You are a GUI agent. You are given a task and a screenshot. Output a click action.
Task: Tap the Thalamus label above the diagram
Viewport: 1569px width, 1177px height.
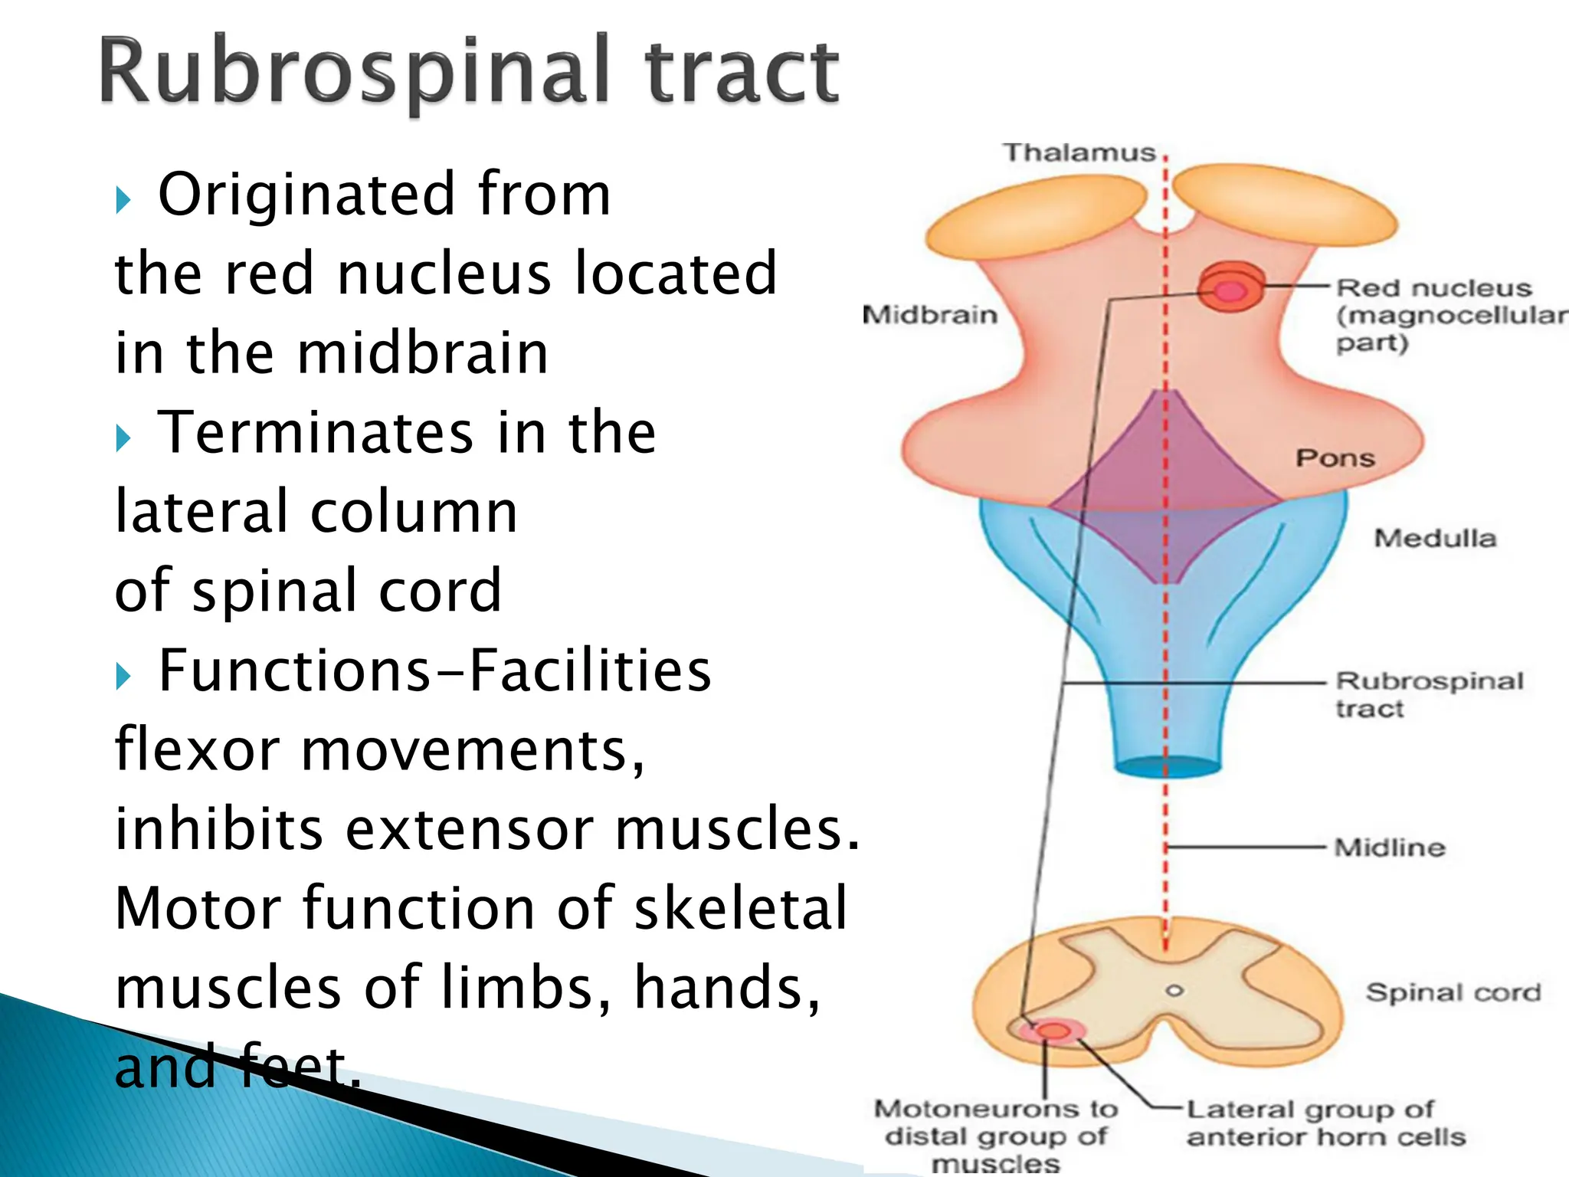point(1079,152)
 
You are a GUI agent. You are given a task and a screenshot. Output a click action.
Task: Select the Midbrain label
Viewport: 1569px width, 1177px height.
point(929,315)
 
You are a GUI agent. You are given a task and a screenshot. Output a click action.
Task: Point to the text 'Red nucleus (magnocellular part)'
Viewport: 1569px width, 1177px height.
point(1448,315)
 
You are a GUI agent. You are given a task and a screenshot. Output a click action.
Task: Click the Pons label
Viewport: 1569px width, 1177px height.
point(1335,458)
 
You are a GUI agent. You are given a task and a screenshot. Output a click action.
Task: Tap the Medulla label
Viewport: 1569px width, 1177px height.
point(1434,538)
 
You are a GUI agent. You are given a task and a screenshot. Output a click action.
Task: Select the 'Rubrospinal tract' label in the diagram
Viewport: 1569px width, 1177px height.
point(1429,694)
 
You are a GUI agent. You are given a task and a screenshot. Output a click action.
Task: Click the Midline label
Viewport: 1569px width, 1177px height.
point(1390,848)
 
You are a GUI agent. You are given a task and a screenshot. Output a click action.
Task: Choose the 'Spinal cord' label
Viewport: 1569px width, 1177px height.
point(1453,992)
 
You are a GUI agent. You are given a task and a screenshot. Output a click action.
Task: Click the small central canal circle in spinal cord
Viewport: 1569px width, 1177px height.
point(1174,991)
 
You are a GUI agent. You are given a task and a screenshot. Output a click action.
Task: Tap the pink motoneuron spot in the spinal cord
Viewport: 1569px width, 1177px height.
point(1053,1031)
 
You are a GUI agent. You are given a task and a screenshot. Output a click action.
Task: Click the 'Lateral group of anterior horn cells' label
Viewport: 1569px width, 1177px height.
point(1325,1123)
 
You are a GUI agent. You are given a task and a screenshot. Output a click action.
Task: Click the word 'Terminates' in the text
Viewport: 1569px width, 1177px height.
point(315,432)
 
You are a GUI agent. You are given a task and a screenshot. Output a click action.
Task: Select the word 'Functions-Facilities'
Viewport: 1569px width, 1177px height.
point(434,670)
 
